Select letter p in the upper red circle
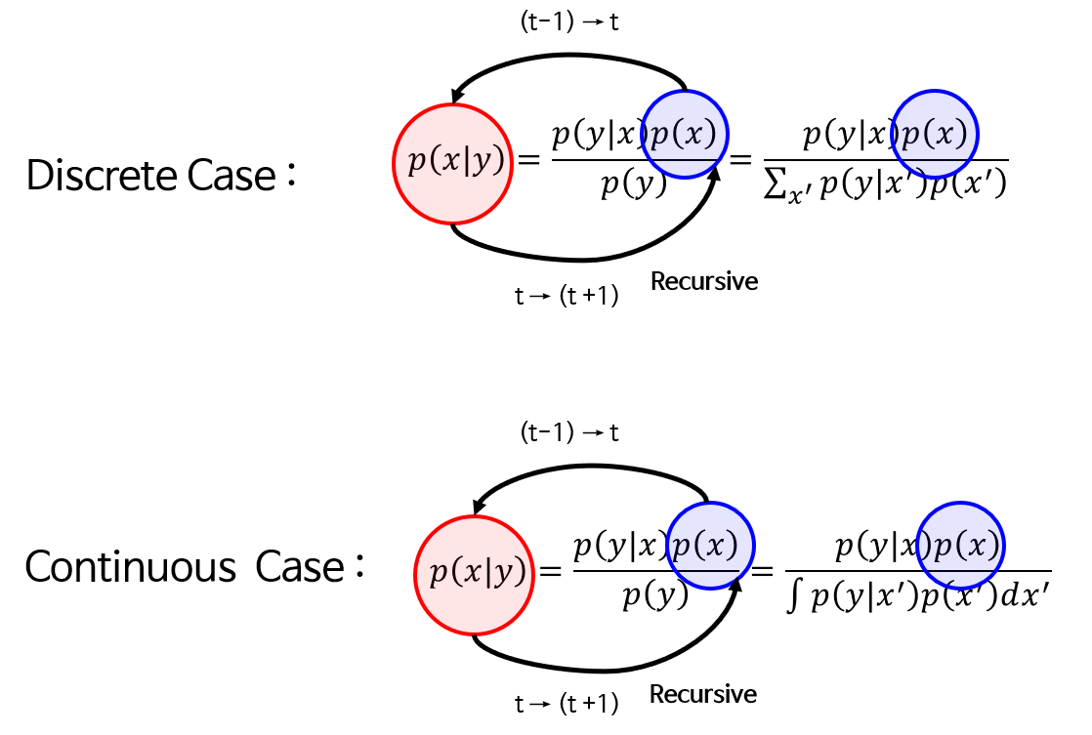tap(417, 162)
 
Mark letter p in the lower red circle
tap(439, 574)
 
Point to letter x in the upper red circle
tap(449, 161)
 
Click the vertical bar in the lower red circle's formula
tap(488, 573)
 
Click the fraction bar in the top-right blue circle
tap(935, 159)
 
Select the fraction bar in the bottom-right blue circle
tap(961, 571)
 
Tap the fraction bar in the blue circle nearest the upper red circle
tap(685, 159)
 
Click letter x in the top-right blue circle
tap(942, 134)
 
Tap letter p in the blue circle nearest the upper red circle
tap(662, 135)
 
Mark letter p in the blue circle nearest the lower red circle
tap(682, 547)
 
